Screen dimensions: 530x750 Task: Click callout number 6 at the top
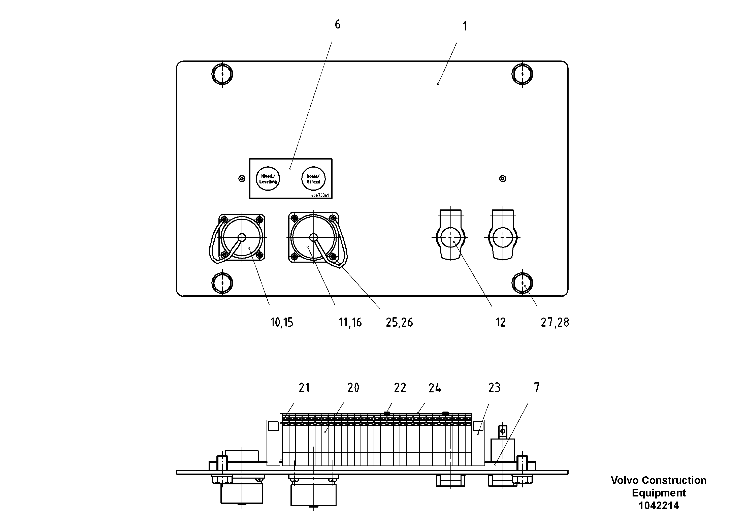(337, 24)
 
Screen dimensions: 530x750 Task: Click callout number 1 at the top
(465, 26)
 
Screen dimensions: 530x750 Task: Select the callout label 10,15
(282, 323)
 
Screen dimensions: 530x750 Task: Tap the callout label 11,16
(350, 323)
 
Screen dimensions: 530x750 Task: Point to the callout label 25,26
(399, 323)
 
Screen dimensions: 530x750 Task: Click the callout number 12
(500, 323)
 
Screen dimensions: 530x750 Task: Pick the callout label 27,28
(555, 323)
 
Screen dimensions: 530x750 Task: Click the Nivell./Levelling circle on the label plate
(268, 179)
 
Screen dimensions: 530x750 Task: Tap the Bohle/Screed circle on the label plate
(313, 179)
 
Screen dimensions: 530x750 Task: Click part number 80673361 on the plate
(320, 195)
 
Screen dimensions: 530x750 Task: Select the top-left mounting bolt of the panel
(222, 74)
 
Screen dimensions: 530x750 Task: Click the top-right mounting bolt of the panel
(522, 74)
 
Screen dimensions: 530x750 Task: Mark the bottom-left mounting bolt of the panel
(222, 283)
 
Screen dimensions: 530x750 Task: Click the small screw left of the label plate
(242, 178)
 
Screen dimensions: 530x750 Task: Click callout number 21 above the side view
(304, 388)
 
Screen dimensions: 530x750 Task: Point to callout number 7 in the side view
(536, 388)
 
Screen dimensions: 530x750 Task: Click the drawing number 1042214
(659, 506)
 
